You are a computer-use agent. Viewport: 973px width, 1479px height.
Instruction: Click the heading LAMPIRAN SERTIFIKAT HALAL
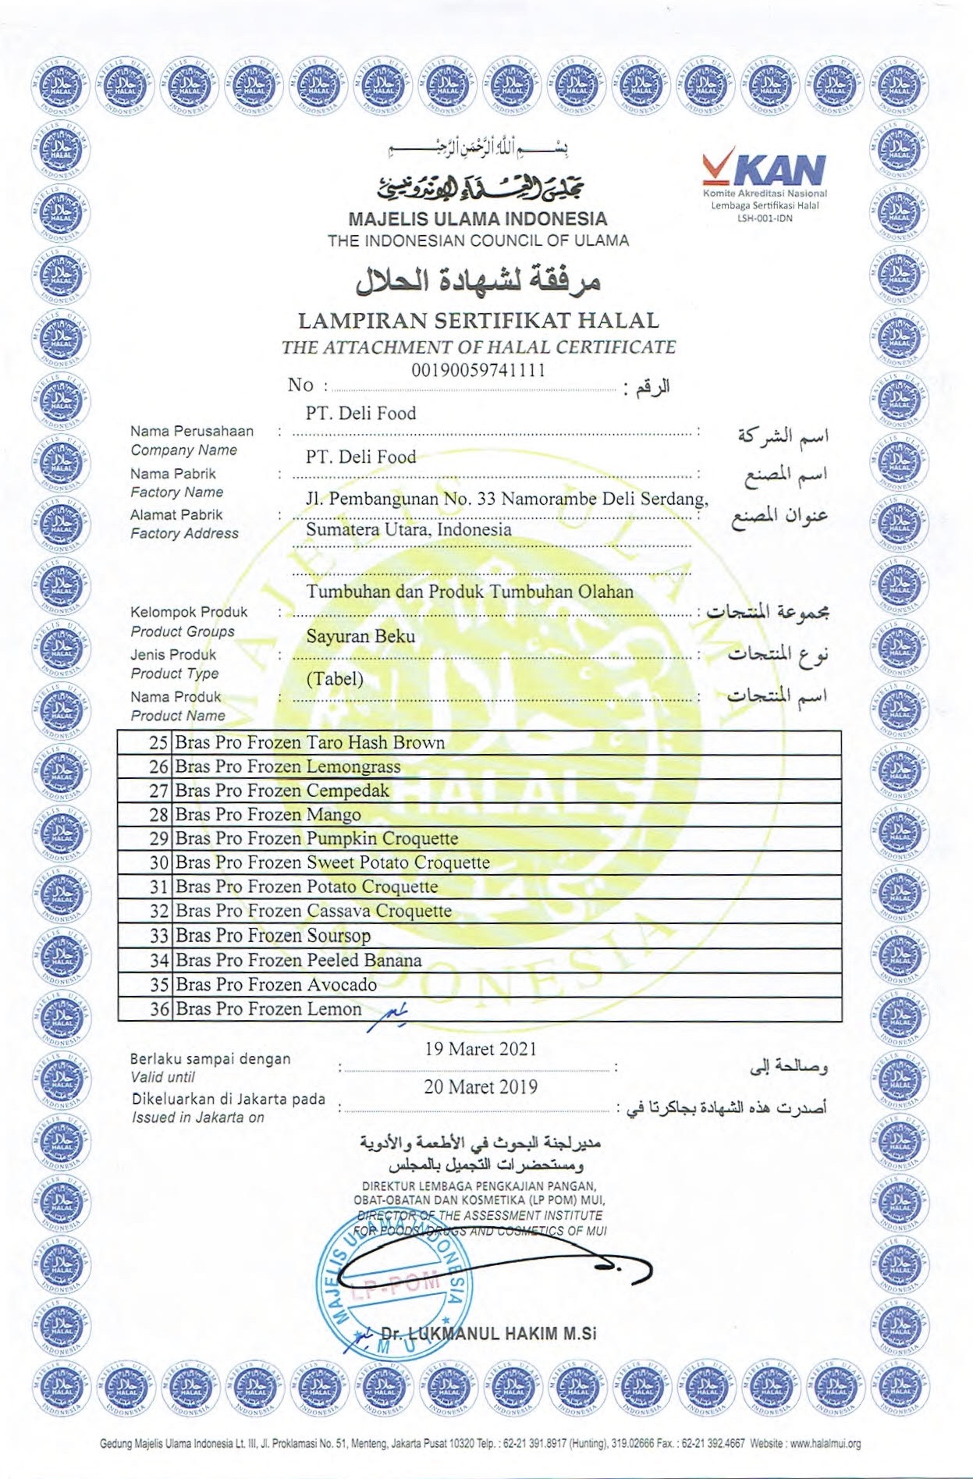coord(478,320)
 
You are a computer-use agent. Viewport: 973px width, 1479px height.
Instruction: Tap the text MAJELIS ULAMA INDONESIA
coord(478,219)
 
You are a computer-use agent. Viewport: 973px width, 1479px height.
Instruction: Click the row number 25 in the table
coord(158,742)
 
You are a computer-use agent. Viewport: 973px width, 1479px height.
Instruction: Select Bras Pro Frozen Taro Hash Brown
coord(310,742)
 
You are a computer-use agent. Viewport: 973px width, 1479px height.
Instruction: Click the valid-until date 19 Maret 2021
coord(481,1049)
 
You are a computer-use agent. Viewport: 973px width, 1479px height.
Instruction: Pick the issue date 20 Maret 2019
coord(481,1086)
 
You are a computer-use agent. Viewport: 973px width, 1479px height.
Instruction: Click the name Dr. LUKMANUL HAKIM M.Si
coord(488,1333)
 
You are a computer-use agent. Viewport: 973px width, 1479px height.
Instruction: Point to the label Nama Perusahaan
coord(192,431)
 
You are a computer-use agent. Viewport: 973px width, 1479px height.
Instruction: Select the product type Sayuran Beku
coord(360,636)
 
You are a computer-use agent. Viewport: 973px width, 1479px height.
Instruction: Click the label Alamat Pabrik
coord(176,514)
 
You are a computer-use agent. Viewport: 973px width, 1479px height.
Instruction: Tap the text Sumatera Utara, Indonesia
coord(409,529)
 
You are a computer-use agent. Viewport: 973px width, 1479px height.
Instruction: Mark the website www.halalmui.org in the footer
coord(826,1444)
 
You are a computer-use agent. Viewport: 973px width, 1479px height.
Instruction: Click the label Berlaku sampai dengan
coord(210,1059)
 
